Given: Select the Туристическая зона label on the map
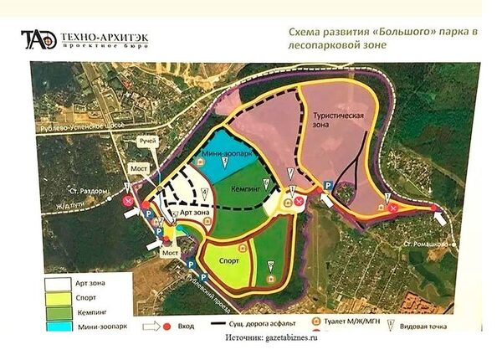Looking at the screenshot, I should pos(339,117).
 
